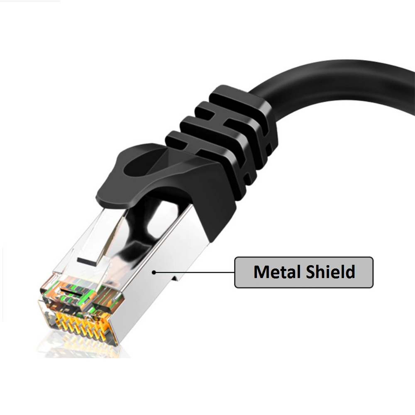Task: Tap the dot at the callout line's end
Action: pos(154,272)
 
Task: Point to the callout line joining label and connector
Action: pos(195,273)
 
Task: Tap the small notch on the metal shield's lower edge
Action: pos(176,277)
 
